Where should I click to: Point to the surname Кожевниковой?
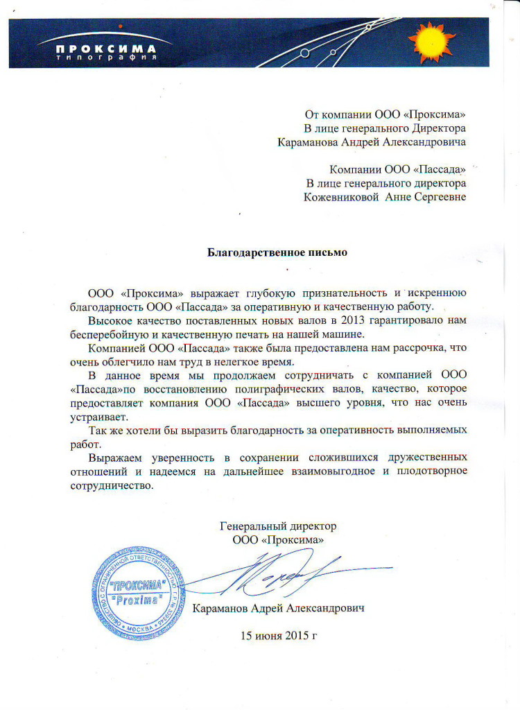(339, 197)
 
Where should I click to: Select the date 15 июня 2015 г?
(278, 635)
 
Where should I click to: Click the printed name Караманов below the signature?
(223, 607)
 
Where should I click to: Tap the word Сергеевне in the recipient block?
(436, 197)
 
